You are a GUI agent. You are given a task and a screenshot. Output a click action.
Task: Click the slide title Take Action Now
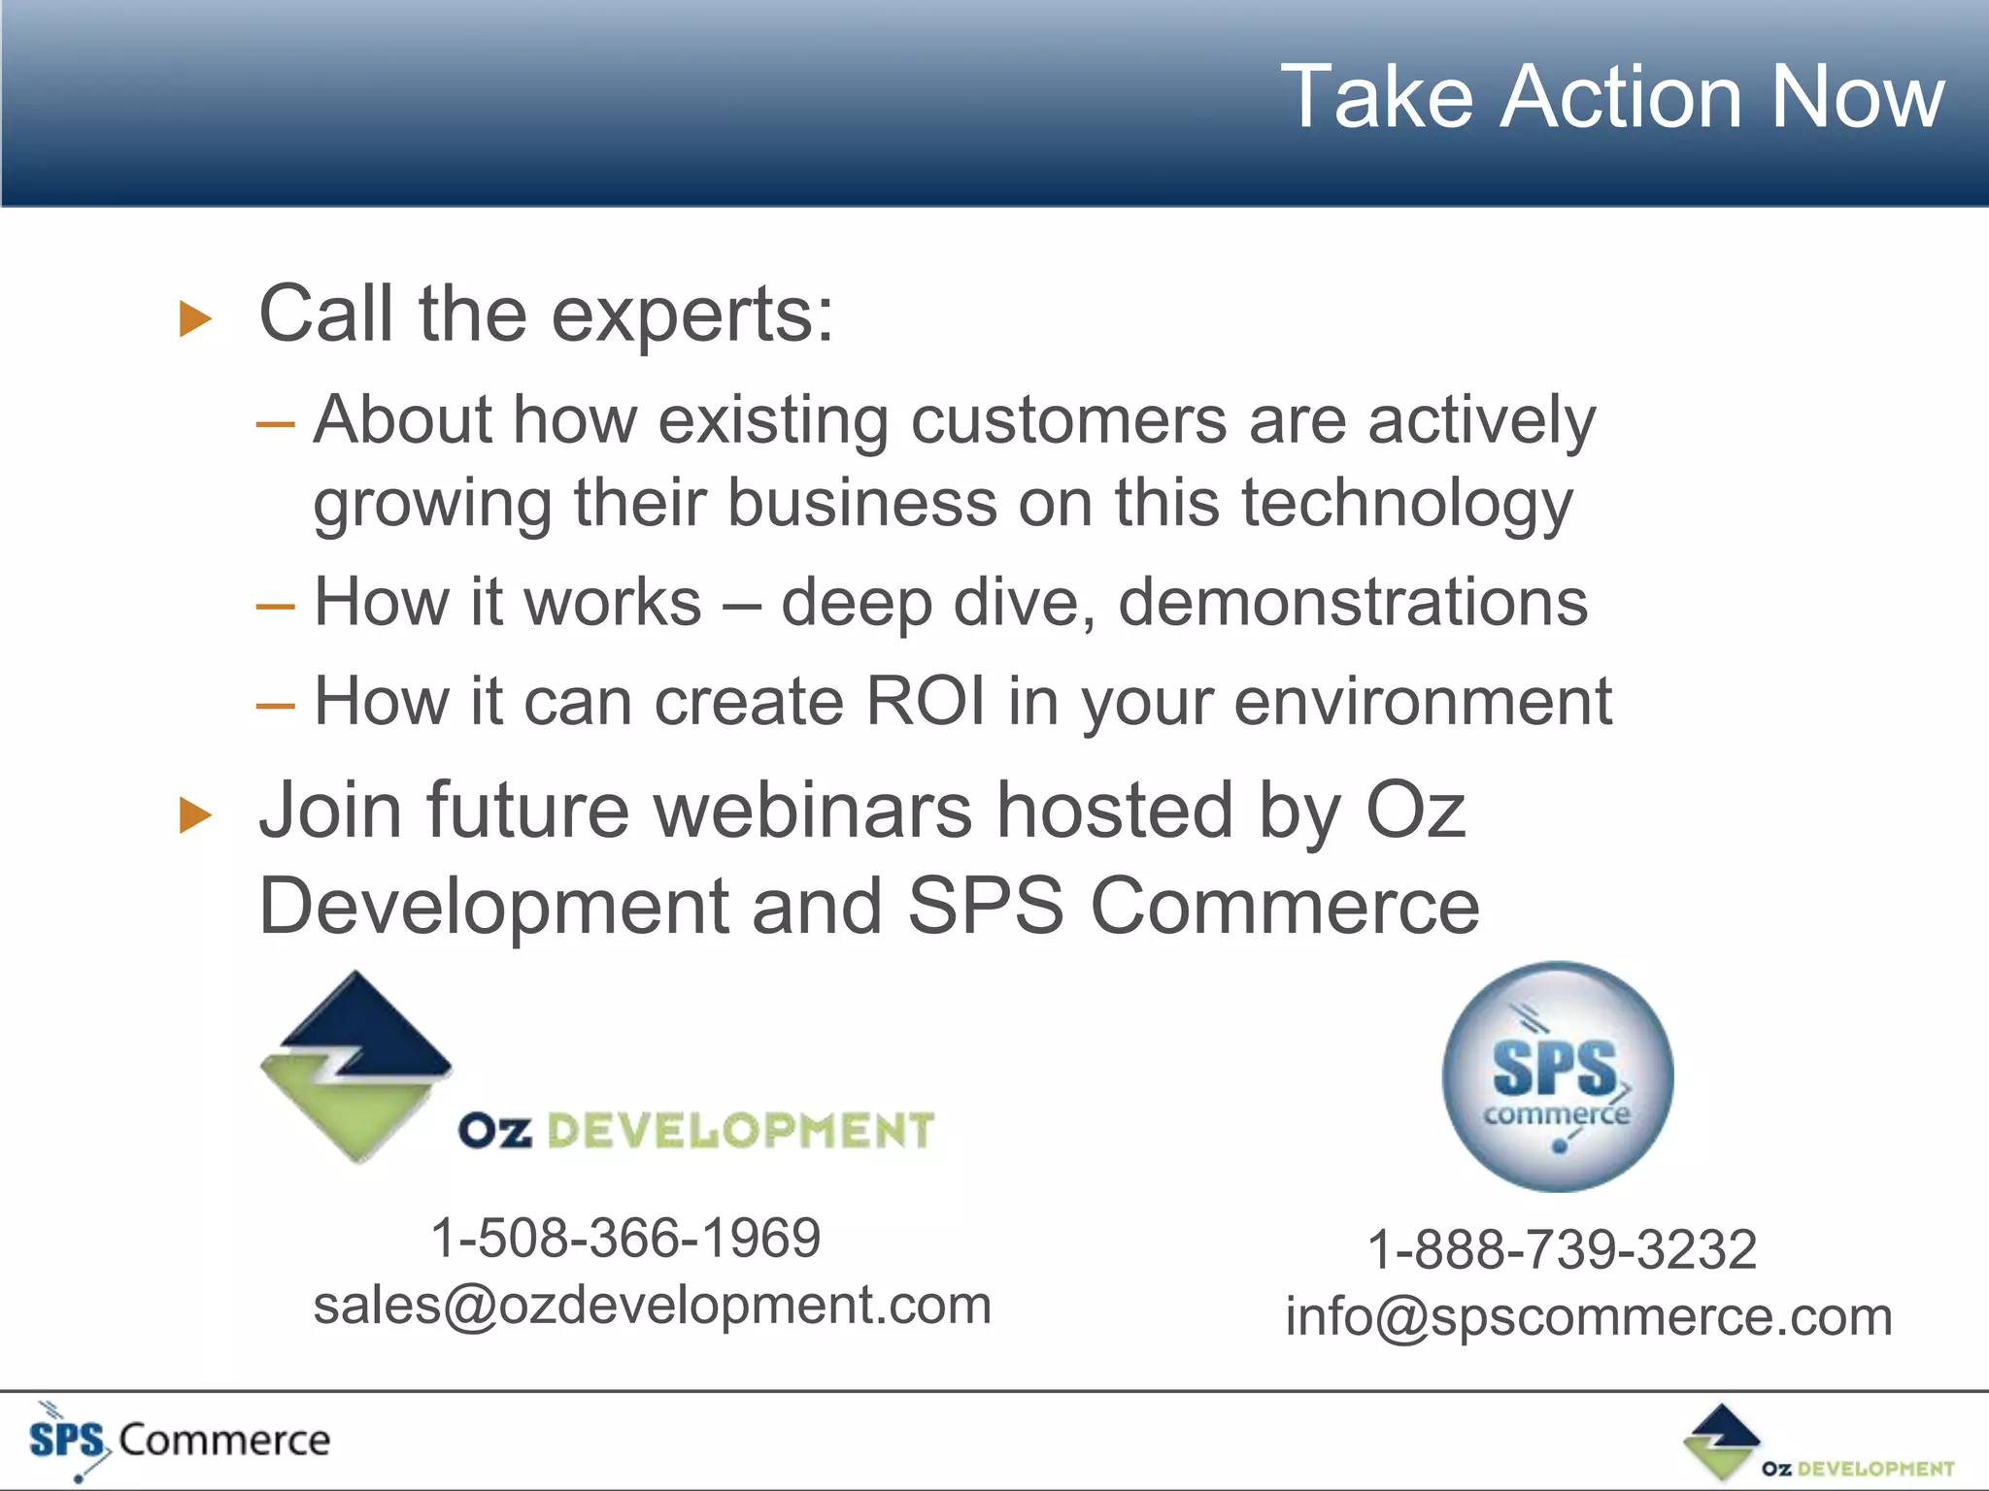[x=1612, y=97]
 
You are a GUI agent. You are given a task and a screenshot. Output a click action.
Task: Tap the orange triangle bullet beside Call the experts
[x=195, y=318]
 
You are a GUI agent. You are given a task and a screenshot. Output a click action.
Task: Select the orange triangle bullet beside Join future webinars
[x=195, y=815]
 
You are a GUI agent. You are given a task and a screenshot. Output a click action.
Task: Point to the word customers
[x=1068, y=420]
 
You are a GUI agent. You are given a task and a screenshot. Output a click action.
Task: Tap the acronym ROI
[x=925, y=701]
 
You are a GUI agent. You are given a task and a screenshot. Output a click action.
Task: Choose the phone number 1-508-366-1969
[x=625, y=1238]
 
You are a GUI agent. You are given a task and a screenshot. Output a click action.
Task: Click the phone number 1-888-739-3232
[x=1562, y=1249]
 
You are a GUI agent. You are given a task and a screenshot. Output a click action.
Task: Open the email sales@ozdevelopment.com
[x=652, y=1305]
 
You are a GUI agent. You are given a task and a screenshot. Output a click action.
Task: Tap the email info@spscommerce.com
[x=1589, y=1317]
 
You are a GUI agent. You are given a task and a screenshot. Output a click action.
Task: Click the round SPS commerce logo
[x=1558, y=1077]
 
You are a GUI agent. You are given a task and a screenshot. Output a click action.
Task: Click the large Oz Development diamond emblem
[x=356, y=1066]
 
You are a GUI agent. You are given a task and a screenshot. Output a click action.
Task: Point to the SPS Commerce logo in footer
[x=180, y=1440]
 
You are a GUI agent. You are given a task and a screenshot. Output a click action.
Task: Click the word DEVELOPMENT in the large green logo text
[x=740, y=1132]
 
